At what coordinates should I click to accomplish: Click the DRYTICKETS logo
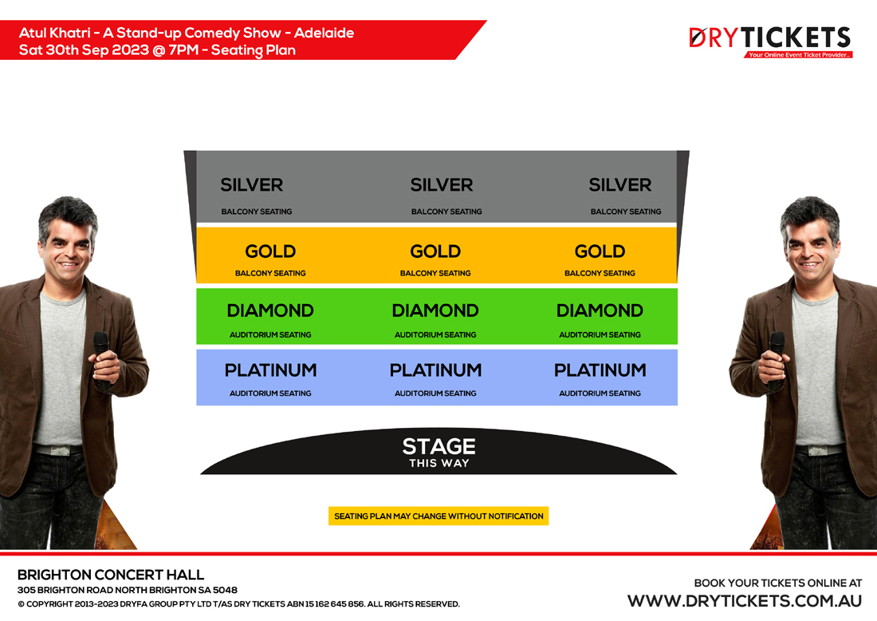[770, 42]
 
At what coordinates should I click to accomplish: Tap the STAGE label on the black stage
[439, 446]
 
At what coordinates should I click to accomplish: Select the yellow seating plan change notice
[438, 516]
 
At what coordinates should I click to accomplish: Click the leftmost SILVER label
[252, 185]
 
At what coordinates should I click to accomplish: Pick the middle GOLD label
[435, 251]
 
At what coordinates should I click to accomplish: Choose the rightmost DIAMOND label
[600, 310]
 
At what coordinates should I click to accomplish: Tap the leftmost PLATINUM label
[271, 370]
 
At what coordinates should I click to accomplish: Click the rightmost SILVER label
[620, 185]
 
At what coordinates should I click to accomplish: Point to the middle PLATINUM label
[435, 370]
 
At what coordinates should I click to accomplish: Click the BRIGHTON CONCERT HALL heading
[111, 575]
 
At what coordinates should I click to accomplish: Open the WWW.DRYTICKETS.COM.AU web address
[745, 601]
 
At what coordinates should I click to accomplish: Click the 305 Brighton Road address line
[128, 590]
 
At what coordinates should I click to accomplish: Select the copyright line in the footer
[239, 603]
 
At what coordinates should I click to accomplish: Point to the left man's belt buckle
[58, 450]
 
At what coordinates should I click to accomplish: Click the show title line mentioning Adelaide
[187, 33]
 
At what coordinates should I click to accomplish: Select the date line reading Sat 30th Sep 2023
[157, 49]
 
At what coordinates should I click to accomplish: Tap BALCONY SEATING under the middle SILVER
[446, 212]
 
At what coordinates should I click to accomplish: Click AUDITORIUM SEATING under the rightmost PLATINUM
[600, 393]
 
